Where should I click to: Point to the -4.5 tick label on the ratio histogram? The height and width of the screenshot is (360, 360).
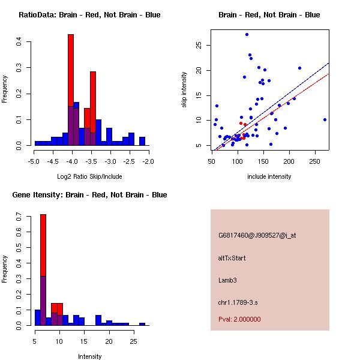point(52,161)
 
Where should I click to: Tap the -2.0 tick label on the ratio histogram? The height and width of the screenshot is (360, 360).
point(148,161)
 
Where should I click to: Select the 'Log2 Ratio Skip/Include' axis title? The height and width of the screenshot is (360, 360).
point(89,176)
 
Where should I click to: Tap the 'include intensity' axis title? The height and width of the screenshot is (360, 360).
point(269,176)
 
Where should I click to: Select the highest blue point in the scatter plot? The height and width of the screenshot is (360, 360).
point(247,34)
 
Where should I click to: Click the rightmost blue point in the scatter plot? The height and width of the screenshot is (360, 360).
point(325,119)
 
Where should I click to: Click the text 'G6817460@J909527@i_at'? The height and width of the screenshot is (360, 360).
point(257,235)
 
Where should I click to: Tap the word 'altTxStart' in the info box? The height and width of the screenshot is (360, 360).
point(232,258)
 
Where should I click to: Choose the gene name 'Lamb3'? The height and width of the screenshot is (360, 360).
point(227,280)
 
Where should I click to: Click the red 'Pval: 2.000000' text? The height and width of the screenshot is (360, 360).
point(239,319)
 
